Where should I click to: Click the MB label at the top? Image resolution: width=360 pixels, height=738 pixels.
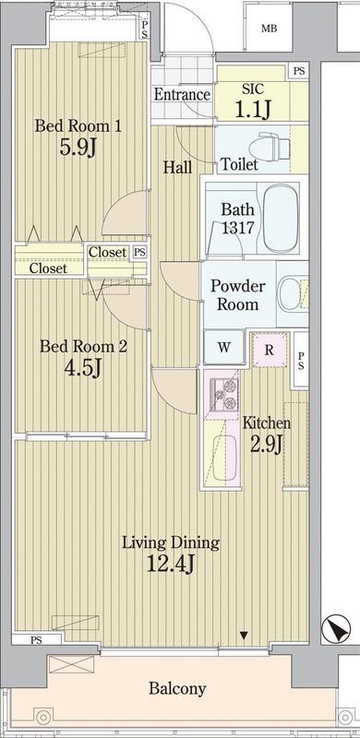click(270, 29)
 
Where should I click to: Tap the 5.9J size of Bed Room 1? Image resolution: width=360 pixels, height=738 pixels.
click(78, 148)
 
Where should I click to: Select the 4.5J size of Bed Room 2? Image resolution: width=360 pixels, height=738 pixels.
click(83, 368)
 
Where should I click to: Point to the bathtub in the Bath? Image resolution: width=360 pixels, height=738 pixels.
click(281, 218)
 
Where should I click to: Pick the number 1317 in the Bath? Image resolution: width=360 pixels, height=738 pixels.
click(238, 228)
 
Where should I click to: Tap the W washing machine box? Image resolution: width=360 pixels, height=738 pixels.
click(223, 348)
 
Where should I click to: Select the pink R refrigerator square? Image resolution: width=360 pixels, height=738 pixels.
click(270, 350)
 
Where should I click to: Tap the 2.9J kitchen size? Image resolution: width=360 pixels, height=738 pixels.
click(266, 445)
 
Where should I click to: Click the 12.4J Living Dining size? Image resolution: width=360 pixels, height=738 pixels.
click(171, 563)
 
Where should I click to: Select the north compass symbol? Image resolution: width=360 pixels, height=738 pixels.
click(336, 629)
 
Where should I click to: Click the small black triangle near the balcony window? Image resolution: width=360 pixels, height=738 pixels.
click(244, 636)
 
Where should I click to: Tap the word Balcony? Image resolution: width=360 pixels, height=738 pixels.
click(177, 689)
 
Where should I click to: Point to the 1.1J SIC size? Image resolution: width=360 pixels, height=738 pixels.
click(253, 110)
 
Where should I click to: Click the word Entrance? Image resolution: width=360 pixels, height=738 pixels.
click(182, 95)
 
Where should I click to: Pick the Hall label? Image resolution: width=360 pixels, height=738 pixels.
click(177, 167)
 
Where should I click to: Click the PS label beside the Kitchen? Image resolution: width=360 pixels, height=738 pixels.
click(300, 360)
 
